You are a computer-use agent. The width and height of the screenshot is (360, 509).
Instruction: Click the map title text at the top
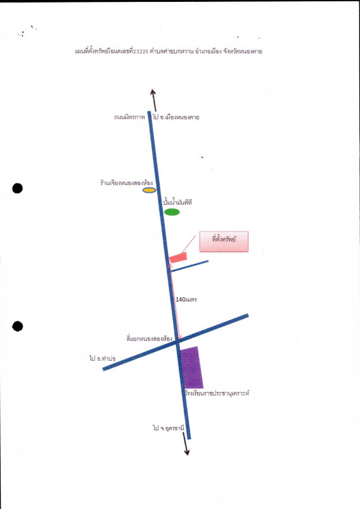169,51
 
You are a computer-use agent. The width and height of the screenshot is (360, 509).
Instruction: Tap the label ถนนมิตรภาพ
129,117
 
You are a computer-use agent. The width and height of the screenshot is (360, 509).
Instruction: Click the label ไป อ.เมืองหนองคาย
176,117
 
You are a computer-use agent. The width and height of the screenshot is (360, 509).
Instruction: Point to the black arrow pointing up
153,100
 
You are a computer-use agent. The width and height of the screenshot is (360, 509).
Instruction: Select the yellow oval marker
149,190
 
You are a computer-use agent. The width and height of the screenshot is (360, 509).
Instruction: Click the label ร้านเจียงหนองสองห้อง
127,183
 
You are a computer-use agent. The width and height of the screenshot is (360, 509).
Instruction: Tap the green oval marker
172,212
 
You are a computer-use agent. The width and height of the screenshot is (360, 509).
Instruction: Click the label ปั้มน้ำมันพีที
177,202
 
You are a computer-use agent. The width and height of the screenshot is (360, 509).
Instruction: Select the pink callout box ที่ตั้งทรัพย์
224,242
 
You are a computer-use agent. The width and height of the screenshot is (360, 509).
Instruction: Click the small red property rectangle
178,258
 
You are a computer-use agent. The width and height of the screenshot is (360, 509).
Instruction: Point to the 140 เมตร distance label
186,299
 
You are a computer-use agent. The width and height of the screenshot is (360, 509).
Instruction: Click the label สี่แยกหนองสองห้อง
149,338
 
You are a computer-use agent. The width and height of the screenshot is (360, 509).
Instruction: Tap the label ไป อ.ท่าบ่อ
102,358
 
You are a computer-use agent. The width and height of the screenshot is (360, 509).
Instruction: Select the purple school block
191,368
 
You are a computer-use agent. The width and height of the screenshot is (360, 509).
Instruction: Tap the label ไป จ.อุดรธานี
169,428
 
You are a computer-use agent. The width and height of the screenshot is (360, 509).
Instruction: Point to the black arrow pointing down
186,443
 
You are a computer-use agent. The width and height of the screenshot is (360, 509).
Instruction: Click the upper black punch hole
18,188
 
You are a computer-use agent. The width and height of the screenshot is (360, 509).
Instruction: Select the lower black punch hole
18,326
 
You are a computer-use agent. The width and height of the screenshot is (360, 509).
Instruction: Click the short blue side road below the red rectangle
190,266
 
